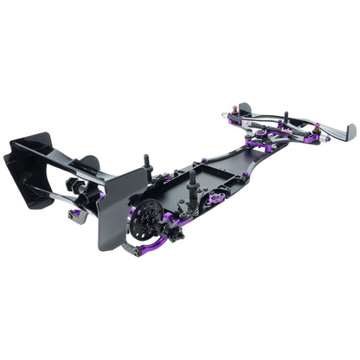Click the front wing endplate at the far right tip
349,132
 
